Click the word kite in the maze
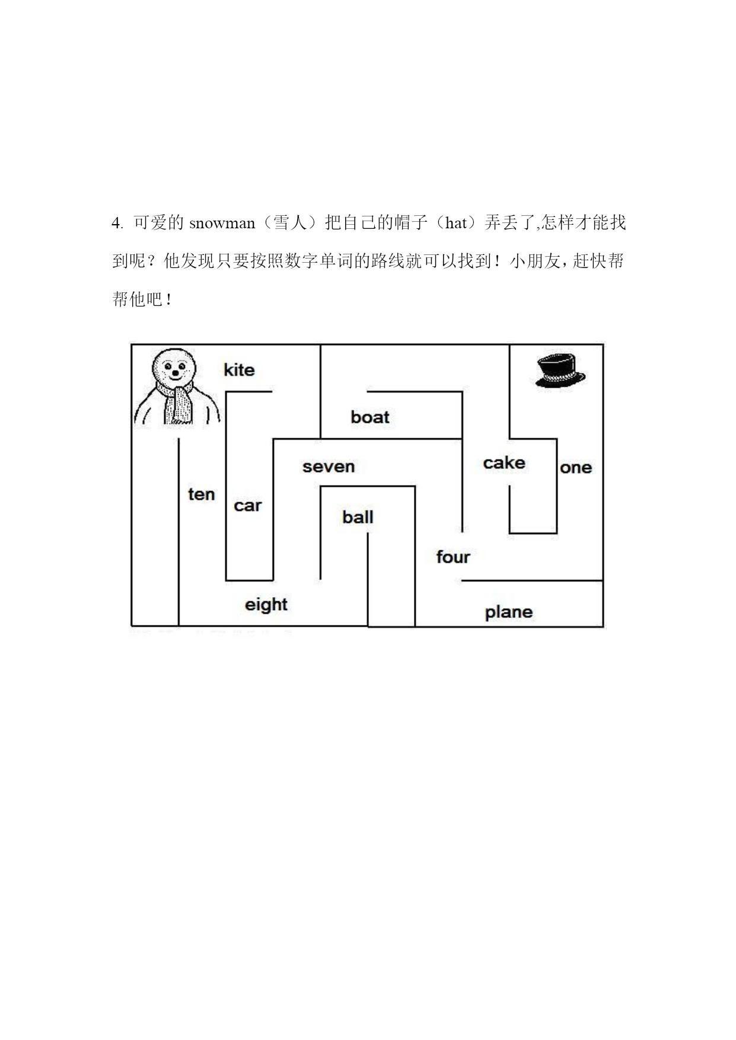click(239, 370)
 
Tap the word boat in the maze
click(370, 417)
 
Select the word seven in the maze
click(329, 467)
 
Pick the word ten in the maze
click(202, 494)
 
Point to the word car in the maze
click(247, 506)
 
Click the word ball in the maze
click(358, 517)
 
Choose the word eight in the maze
click(266, 605)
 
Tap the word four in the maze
click(453, 557)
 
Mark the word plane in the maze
click(509, 612)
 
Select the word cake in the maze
click(504, 462)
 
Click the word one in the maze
click(576, 468)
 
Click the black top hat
click(560, 371)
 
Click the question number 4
click(116, 224)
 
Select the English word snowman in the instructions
click(222, 224)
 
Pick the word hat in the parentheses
click(456, 224)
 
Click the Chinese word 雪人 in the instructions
click(290, 223)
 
